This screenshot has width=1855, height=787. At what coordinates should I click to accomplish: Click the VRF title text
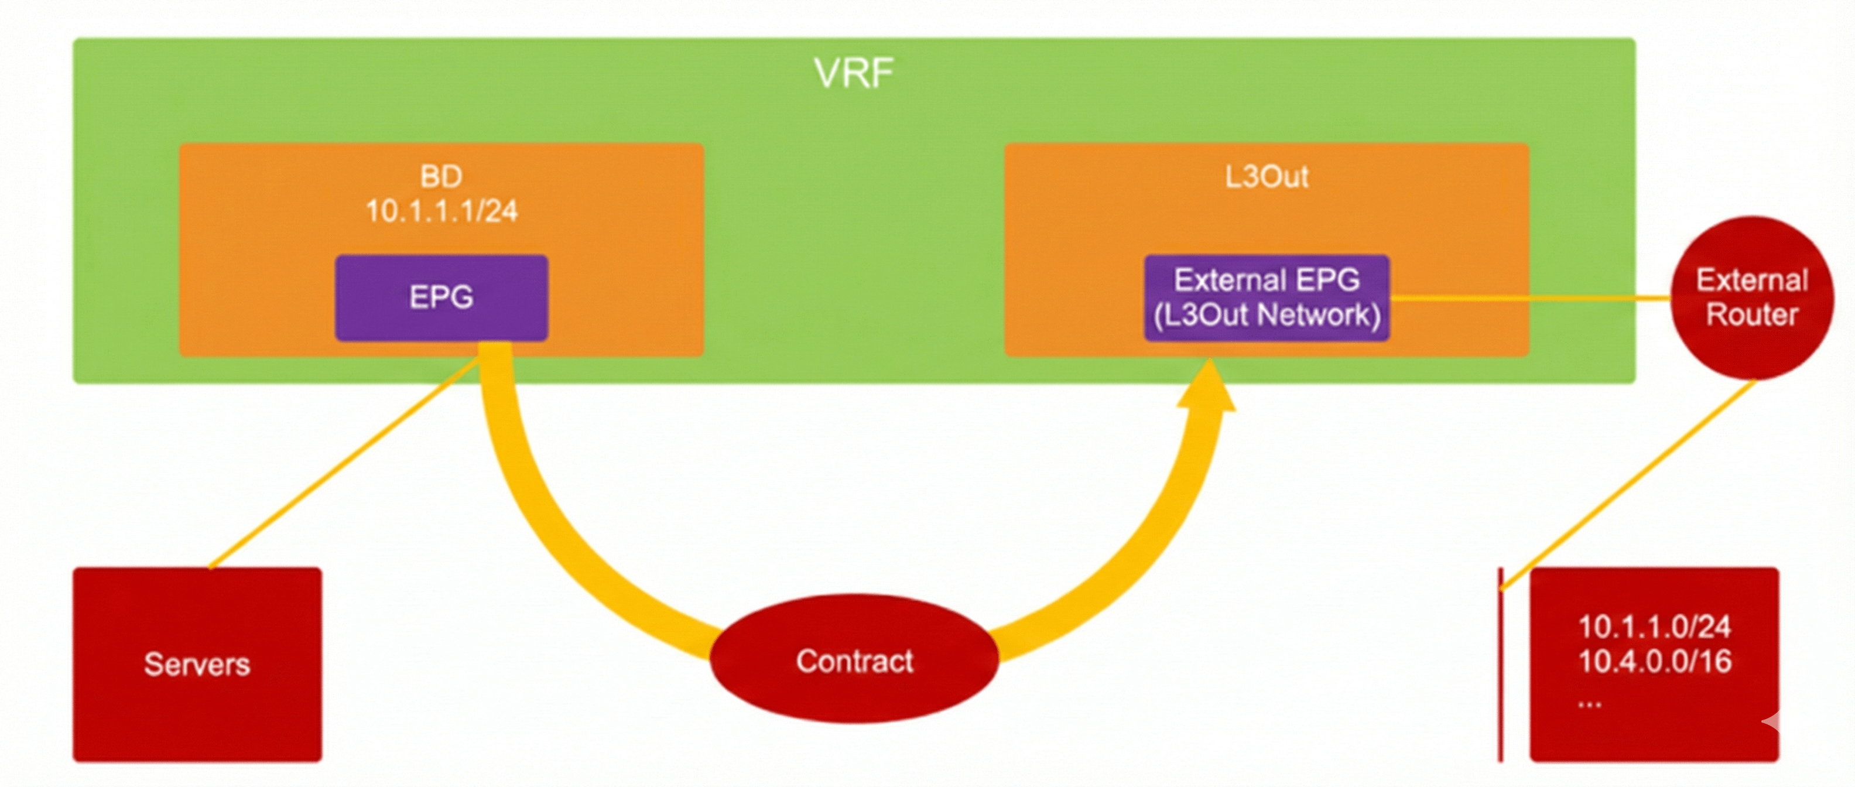tap(854, 73)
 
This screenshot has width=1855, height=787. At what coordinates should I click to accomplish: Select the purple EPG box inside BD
tap(441, 297)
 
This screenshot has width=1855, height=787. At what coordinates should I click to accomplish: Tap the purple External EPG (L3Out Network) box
tap(1267, 297)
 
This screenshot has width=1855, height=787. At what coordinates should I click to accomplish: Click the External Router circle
tap(1752, 297)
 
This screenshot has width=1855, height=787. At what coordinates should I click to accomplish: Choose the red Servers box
tap(197, 664)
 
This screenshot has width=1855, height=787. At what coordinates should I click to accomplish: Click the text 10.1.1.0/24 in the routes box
tap(1654, 627)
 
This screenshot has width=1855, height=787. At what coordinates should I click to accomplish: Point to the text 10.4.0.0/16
tap(1654, 662)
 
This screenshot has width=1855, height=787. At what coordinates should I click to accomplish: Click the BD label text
tap(441, 176)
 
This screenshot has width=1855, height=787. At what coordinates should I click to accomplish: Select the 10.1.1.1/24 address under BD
tap(441, 211)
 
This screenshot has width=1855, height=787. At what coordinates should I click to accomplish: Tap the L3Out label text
tap(1267, 176)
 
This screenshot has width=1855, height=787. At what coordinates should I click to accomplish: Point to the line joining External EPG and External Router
tap(1530, 297)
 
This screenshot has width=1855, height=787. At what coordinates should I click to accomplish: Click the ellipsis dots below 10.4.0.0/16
tap(1590, 703)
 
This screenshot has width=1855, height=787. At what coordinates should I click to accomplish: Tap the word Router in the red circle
tap(1752, 314)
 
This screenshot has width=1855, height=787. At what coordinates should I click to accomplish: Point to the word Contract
tap(854, 661)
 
